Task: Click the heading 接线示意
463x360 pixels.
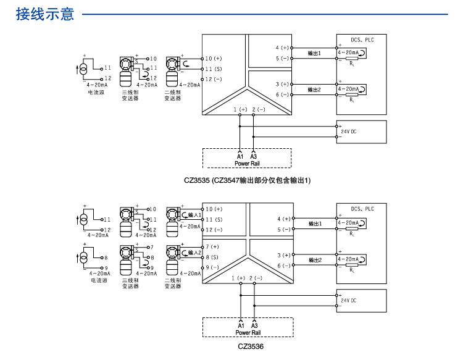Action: [45, 14]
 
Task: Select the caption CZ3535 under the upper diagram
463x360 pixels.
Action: [247, 180]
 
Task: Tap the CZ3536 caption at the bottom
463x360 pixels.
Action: [251, 346]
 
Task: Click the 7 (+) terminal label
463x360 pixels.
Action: [212, 246]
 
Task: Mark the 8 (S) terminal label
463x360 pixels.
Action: [212, 257]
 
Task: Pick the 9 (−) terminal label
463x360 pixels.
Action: [212, 267]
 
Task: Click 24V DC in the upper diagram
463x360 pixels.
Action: [349, 132]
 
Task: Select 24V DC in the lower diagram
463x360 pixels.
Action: [349, 300]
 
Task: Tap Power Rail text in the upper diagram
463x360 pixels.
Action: [246, 163]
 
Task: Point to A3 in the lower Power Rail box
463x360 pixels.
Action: [254, 325]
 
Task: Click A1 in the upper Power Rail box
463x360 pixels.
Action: [240, 157]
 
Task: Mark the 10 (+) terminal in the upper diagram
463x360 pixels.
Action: [214, 58]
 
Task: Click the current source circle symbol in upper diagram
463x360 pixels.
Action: [84, 69]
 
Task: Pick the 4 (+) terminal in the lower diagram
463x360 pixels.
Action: [283, 219]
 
